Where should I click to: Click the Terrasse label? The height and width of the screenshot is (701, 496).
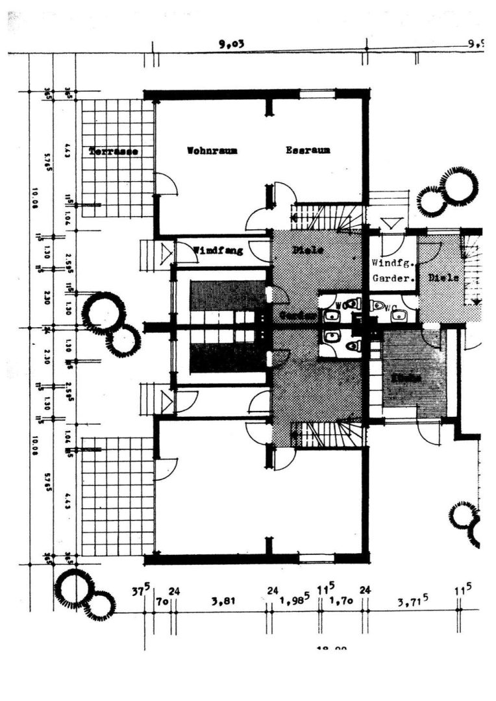(113, 151)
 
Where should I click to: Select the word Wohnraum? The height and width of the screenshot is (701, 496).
(212, 151)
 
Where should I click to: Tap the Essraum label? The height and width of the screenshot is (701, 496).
(308, 151)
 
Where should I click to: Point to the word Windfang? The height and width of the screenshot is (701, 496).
(218, 250)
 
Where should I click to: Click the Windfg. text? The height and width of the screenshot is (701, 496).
(391, 264)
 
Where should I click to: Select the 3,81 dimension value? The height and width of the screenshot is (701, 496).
(223, 601)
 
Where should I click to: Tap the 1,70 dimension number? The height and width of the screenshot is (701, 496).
(342, 601)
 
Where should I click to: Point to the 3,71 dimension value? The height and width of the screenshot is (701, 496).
(412, 601)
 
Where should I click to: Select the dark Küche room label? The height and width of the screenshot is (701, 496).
(406, 377)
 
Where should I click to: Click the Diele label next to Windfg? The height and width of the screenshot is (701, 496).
(443, 277)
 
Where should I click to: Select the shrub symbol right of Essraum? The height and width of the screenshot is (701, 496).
(449, 190)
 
